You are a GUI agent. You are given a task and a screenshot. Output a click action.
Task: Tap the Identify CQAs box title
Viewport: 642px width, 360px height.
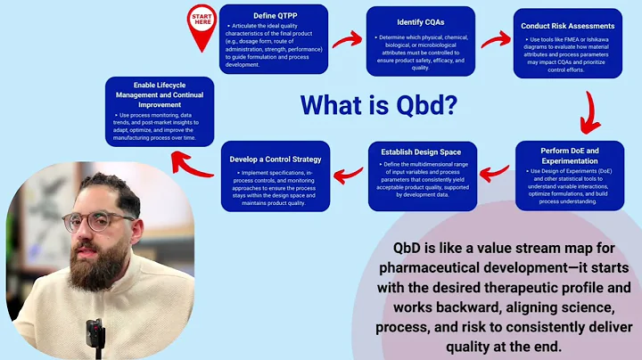[x=421, y=20]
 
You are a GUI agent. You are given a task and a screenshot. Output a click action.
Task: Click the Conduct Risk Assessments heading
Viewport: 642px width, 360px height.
[x=567, y=26]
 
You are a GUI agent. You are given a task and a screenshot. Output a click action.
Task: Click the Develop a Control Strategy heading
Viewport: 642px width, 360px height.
[x=275, y=160]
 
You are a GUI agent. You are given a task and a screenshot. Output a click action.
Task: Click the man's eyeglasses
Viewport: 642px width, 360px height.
[x=86, y=221]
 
